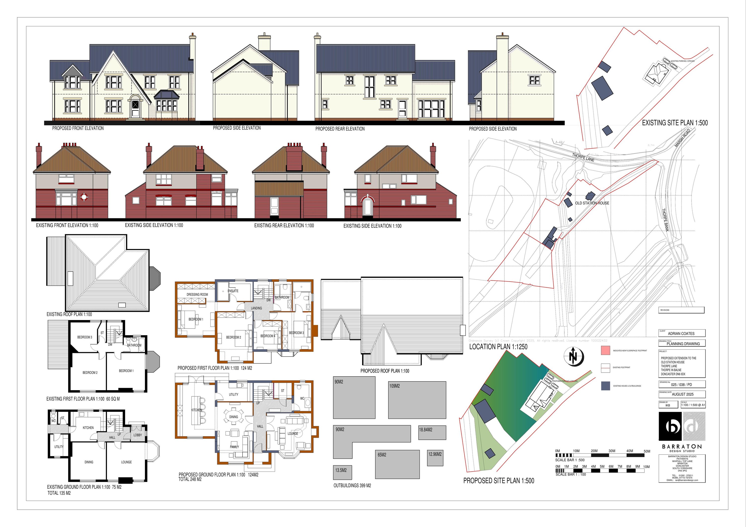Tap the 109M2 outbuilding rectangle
coord(417,400)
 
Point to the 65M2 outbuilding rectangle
coord(397,464)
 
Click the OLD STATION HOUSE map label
coord(592,203)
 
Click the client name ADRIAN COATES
coord(681,333)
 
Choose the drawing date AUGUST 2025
coord(683,394)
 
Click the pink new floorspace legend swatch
coord(605,351)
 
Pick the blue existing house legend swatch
coord(605,386)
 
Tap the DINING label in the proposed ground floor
coord(233,417)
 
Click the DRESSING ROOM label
coord(197,294)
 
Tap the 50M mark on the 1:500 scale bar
coord(647,451)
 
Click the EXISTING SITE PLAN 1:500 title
coord(675,123)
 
